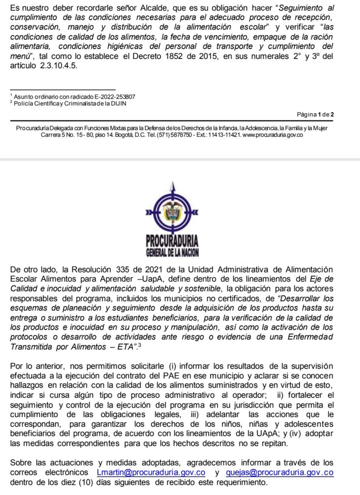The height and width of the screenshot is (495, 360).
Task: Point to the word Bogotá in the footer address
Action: point(126,135)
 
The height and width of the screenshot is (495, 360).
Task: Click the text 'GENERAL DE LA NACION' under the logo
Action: point(172,252)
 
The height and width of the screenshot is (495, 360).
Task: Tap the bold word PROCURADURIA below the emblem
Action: point(172,241)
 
